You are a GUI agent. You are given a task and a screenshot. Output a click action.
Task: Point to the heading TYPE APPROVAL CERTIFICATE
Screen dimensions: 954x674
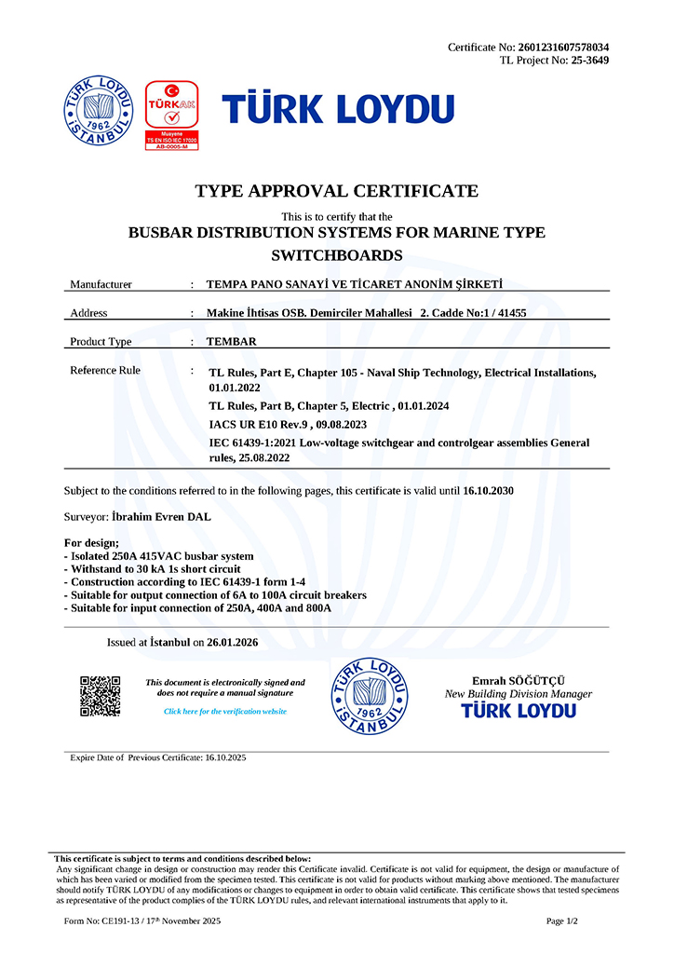[x=336, y=192]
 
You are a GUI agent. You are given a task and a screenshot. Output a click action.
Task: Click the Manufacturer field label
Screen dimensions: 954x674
[x=101, y=284]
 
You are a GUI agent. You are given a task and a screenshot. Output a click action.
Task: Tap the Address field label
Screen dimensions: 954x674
[x=88, y=313]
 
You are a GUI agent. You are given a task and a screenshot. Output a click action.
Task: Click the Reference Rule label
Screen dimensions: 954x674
[x=105, y=371]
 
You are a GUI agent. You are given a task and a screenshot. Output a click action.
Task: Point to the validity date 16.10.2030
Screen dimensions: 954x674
[x=488, y=490]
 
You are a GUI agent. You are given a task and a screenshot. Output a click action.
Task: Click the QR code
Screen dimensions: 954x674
[x=101, y=696]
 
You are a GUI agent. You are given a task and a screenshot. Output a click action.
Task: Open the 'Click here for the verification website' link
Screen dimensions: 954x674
[x=225, y=711]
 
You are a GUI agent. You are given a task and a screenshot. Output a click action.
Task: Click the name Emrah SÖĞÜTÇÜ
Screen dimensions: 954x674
[x=518, y=681]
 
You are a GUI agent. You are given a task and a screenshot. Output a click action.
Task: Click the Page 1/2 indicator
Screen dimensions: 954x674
[x=562, y=920]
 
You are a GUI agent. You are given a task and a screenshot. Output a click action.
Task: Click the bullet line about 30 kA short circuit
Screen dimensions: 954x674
[x=152, y=568]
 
